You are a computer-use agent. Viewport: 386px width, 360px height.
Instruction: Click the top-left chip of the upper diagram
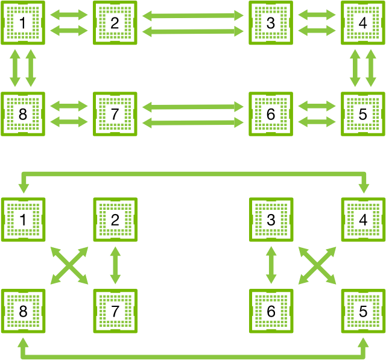coord(23,22)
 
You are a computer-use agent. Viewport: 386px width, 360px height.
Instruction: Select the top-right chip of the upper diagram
coord(363,22)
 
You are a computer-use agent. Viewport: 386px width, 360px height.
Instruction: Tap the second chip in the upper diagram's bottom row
coord(115,114)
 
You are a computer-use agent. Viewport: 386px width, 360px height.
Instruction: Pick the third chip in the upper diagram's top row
coord(271,22)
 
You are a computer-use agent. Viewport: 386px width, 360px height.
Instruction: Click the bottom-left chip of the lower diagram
coord(23,311)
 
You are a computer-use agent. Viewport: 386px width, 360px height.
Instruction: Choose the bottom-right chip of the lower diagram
coord(363,311)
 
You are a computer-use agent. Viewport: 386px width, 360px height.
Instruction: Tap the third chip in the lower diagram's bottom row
coord(271,311)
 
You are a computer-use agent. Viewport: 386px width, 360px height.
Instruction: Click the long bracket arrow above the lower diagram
coord(193,174)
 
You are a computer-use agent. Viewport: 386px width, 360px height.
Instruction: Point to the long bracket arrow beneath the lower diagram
coord(193,356)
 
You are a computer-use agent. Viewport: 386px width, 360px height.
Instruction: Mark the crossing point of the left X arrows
coord(69,265)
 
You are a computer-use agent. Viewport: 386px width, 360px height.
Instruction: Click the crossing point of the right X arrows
coord(318,265)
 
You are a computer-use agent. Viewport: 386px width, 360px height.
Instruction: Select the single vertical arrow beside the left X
coord(115,265)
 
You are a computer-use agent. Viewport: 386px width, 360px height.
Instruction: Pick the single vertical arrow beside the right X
coord(271,265)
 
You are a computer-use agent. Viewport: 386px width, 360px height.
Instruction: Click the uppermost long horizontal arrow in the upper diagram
coord(193,16)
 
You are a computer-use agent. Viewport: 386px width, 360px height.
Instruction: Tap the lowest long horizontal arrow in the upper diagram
coord(193,122)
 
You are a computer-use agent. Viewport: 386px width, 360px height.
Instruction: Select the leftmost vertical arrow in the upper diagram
coord(15,68)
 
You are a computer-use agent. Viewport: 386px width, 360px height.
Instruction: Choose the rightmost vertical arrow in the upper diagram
coord(371,68)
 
